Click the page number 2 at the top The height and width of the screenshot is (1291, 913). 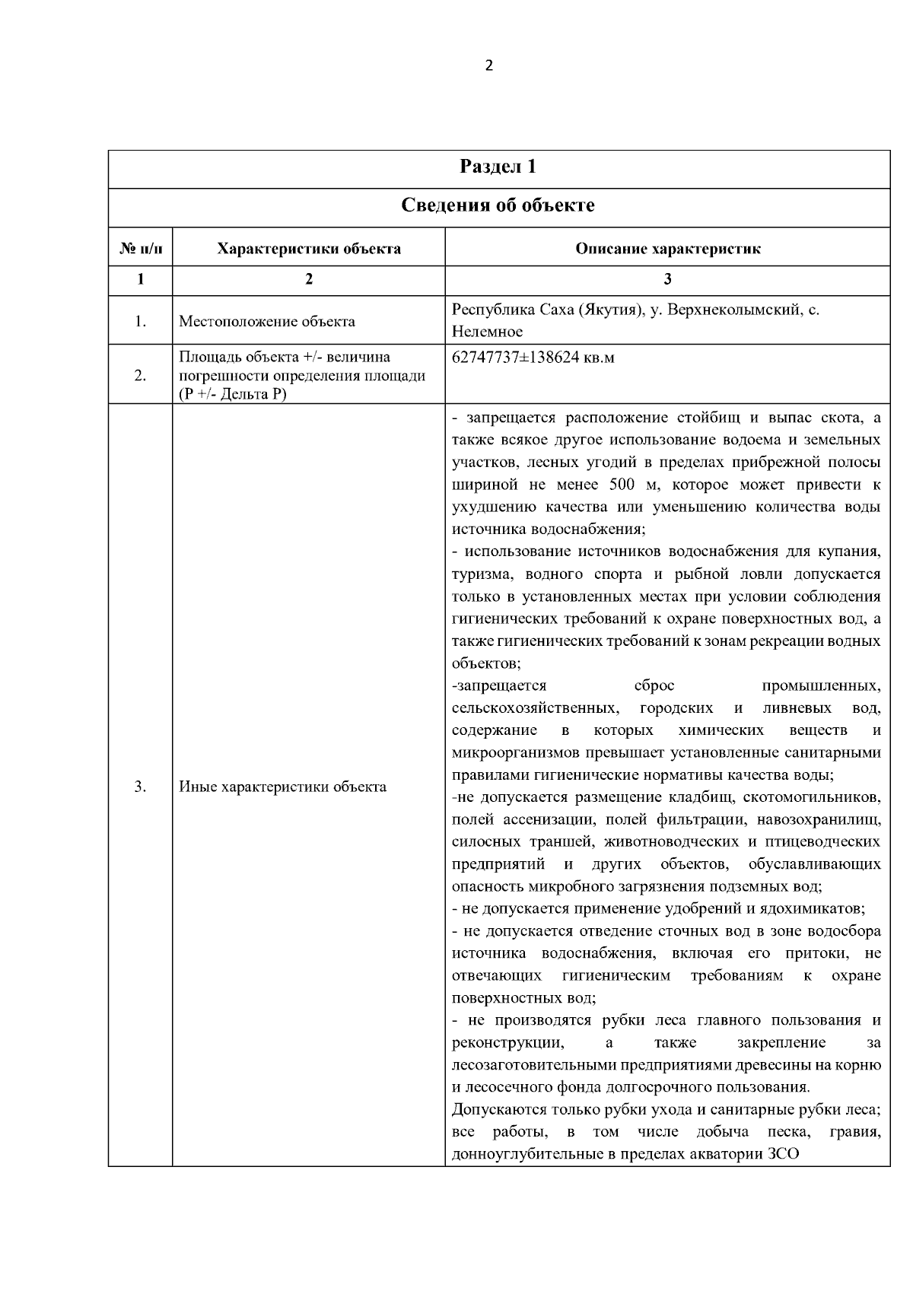(x=488, y=65)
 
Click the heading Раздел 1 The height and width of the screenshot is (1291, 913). (x=498, y=167)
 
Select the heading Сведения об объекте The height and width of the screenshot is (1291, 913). (x=498, y=205)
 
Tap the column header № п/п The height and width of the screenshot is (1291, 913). (x=140, y=249)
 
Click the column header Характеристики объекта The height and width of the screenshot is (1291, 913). (x=309, y=249)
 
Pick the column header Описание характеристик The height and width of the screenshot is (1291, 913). (x=667, y=249)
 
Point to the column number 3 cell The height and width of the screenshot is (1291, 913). (x=667, y=279)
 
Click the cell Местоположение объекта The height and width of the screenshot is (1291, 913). (x=267, y=321)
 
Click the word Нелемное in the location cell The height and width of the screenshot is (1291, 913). (x=487, y=332)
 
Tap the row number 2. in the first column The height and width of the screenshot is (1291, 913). (x=140, y=375)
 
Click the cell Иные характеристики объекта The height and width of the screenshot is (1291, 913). (x=282, y=787)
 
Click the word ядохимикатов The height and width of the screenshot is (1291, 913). (x=816, y=908)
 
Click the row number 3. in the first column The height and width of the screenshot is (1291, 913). (x=140, y=787)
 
